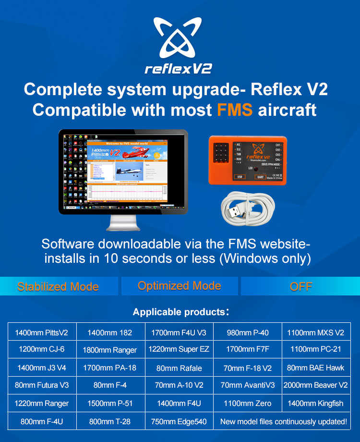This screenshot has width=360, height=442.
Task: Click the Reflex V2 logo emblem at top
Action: [x=179, y=39]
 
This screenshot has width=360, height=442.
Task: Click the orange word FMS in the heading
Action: [x=234, y=110]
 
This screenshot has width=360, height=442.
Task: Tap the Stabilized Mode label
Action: [x=58, y=287]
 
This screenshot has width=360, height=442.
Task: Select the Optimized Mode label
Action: [x=180, y=286]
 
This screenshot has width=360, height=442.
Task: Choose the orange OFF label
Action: [x=301, y=287]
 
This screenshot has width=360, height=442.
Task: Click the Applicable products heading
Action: [x=180, y=312]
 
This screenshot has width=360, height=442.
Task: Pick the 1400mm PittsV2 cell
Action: [x=42, y=332]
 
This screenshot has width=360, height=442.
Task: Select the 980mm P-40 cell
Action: [x=247, y=332]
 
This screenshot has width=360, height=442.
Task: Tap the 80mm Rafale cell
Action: [x=179, y=368]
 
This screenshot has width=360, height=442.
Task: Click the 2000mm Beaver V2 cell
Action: [x=315, y=385]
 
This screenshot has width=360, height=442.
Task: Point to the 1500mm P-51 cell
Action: [x=110, y=404]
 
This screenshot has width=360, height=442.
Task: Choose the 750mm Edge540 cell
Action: [x=179, y=421]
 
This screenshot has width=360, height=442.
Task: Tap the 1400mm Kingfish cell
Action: [x=315, y=404]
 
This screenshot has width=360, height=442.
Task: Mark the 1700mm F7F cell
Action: [x=247, y=349]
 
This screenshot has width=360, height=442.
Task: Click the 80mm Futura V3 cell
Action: [x=42, y=385]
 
